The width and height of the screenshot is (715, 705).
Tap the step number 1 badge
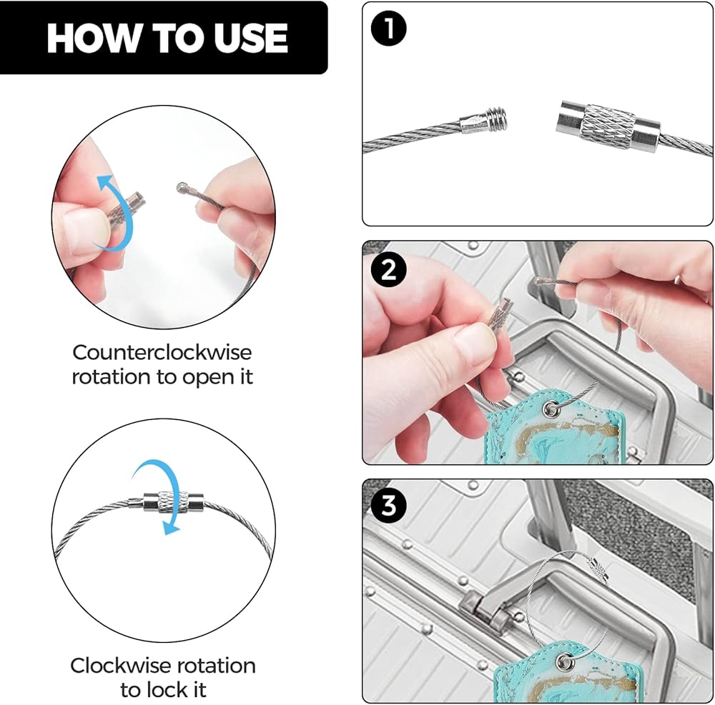388,29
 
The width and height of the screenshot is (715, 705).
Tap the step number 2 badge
388,270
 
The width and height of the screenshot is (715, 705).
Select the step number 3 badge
388,506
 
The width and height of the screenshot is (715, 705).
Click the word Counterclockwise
162,353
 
